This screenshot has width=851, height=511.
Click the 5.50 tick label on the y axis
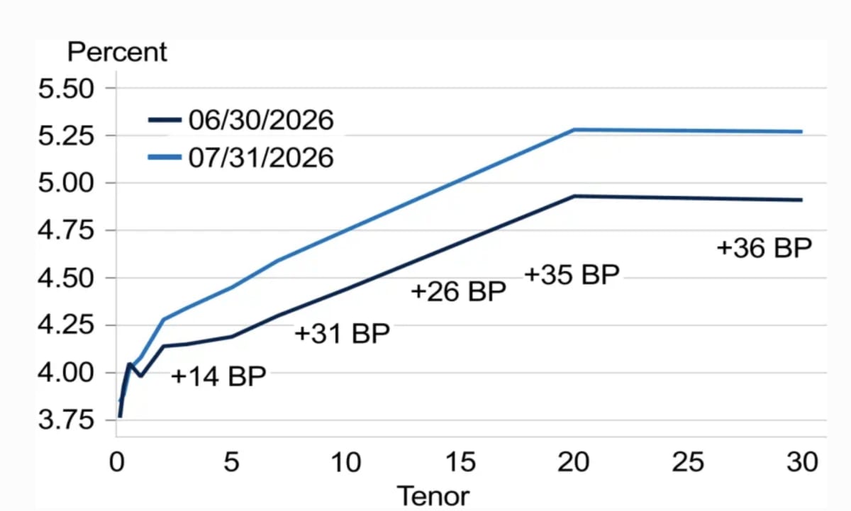pyautogui.click(x=66, y=89)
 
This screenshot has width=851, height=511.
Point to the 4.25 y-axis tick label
pyautogui.click(x=66, y=325)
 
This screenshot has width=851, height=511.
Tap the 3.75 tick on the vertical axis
pyautogui.click(x=66, y=420)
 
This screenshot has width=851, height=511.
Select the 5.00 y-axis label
pyautogui.click(x=66, y=183)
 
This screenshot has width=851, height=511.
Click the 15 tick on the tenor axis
pyautogui.click(x=460, y=462)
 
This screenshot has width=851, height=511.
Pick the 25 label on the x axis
pyautogui.click(x=688, y=462)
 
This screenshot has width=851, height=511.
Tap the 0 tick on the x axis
pyautogui.click(x=116, y=462)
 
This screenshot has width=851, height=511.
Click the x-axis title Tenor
pyautogui.click(x=433, y=496)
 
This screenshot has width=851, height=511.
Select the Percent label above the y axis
pyautogui.click(x=117, y=52)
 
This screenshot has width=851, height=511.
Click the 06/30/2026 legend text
pyautogui.click(x=261, y=120)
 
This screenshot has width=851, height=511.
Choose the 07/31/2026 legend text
pyautogui.click(x=261, y=157)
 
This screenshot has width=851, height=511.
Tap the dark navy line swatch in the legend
pyautogui.click(x=165, y=120)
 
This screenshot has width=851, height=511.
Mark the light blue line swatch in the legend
pyautogui.click(x=165, y=157)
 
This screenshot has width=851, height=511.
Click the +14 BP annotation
pyautogui.click(x=218, y=376)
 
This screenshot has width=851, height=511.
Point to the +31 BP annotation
pyautogui.click(x=342, y=334)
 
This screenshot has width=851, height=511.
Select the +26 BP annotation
pyautogui.click(x=459, y=291)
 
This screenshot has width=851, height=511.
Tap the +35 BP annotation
pyautogui.click(x=572, y=274)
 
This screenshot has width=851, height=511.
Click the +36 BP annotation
pyautogui.click(x=764, y=248)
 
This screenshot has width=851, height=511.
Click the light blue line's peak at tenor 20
pyautogui.click(x=574, y=130)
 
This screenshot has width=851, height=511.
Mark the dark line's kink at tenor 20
pyautogui.click(x=574, y=196)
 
